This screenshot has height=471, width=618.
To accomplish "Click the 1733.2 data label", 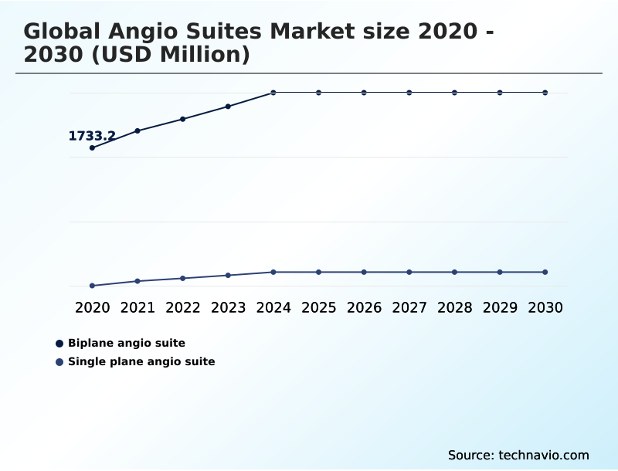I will (x=92, y=136).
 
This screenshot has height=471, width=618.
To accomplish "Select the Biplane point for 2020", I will (x=92, y=147).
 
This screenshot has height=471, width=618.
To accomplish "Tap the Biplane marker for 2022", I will (x=183, y=119).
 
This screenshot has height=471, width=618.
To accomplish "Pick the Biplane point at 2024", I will (x=273, y=93).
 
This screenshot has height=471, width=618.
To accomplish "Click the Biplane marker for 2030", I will (x=545, y=93).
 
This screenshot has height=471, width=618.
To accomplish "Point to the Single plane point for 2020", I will (x=92, y=286).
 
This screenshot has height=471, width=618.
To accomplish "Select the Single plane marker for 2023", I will (x=228, y=275).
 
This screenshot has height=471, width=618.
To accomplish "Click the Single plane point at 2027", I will (x=409, y=272).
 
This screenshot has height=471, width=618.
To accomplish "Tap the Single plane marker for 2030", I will (x=545, y=272).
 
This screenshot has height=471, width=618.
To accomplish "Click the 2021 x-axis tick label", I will (x=138, y=307).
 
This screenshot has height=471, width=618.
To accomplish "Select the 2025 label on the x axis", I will (x=319, y=307).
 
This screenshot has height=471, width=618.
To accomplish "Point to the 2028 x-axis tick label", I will (x=455, y=307).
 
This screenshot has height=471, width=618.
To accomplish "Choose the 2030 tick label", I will (x=545, y=307).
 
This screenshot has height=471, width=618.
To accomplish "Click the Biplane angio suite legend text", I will (x=127, y=343).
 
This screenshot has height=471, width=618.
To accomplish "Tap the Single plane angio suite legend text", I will (x=141, y=361).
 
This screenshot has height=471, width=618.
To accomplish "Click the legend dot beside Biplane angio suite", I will (x=59, y=343).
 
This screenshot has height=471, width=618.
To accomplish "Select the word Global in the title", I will (x=64, y=32).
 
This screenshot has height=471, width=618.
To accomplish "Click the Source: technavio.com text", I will (x=518, y=455).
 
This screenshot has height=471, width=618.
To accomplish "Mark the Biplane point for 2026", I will (x=364, y=93).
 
